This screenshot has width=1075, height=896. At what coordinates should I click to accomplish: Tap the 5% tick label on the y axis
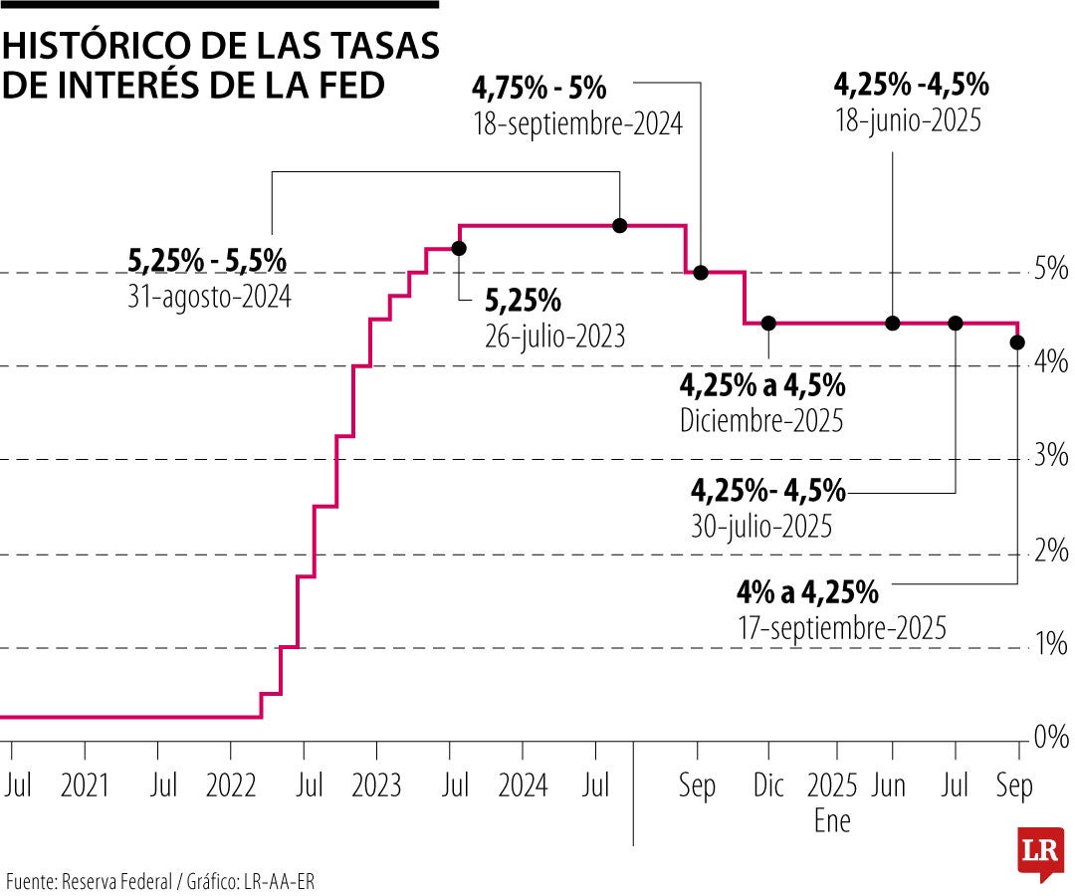[1051, 271]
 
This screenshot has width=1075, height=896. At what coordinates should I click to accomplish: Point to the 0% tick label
[1051, 738]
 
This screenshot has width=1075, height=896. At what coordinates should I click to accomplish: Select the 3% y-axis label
[1051, 458]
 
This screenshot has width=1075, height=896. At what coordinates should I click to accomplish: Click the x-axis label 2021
[85, 786]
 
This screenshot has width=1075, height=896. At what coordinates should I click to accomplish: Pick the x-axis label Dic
[768, 786]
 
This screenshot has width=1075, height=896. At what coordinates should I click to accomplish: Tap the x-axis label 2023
[376, 786]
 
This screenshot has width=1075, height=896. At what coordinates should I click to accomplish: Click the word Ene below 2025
[832, 822]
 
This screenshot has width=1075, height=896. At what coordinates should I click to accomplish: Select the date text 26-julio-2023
[554, 336]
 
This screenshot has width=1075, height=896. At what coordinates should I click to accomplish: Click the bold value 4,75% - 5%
[538, 89]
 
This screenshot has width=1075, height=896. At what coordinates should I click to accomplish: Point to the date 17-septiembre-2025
[842, 629]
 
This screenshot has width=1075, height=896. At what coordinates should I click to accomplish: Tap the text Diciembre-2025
[761, 420]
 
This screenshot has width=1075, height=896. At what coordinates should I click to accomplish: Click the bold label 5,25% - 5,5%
[207, 261]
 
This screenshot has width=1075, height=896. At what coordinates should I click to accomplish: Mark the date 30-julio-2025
[761, 525]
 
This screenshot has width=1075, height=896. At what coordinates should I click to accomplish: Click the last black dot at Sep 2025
[1017, 342]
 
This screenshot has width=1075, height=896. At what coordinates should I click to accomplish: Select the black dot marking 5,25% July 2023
[459, 248]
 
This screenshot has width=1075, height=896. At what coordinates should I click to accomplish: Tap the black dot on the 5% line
[700, 272]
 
